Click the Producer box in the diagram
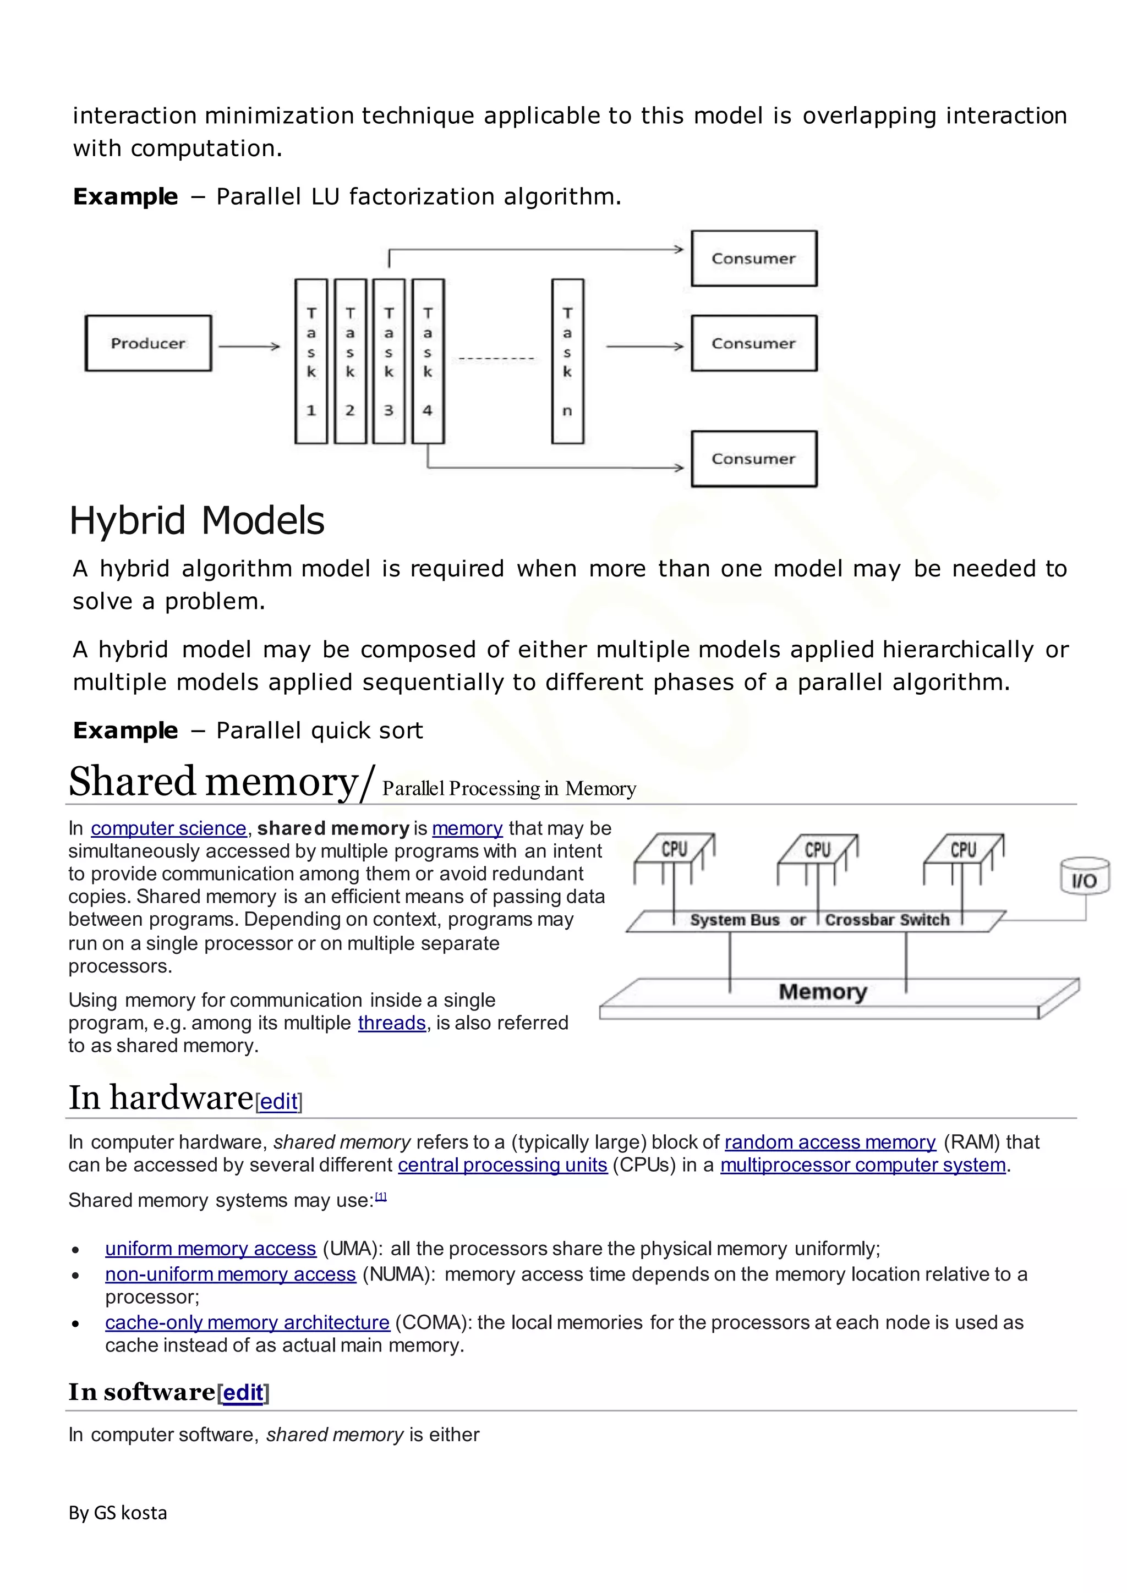148,343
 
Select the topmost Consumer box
754,258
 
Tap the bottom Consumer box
754,459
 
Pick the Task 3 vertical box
389,361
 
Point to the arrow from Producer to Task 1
248,345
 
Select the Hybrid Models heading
197,520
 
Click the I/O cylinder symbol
1084,877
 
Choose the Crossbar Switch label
887,920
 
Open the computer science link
168,828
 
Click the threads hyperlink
391,1023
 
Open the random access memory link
830,1142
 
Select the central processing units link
502,1165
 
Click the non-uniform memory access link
231,1275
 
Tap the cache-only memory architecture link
247,1322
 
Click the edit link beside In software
243,1392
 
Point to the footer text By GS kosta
118,1513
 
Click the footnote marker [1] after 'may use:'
381,1196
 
